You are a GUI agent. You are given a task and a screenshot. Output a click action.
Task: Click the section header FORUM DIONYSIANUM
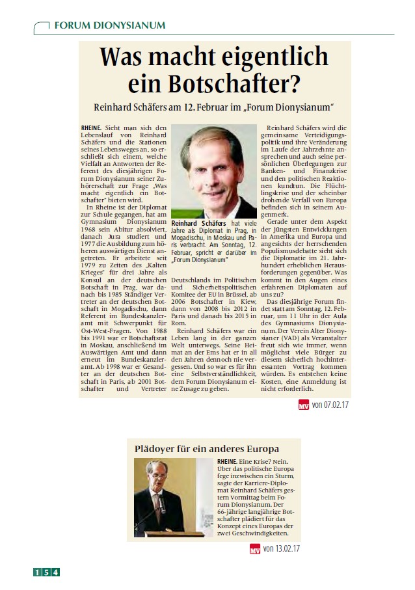coord(109,25)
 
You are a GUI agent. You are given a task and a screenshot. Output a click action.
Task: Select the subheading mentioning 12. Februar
coord(214,106)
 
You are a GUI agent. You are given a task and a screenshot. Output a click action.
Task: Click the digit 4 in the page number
coord(56,572)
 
